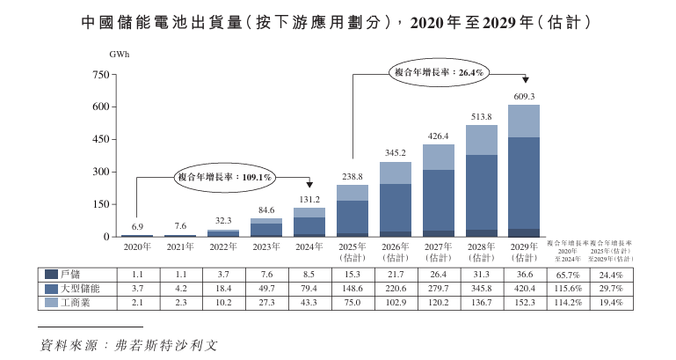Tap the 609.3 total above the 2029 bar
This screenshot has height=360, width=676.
pyautogui.click(x=524, y=96)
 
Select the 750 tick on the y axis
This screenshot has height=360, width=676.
pyautogui.click(x=99, y=75)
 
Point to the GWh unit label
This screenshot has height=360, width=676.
pyautogui.click(x=119, y=55)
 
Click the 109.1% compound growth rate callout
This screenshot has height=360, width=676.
pyautogui.click(x=226, y=177)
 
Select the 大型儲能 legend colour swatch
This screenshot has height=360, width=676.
pyautogui.click(x=50, y=289)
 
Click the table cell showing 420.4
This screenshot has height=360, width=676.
pyautogui.click(x=524, y=289)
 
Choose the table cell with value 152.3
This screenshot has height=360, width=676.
pyautogui.click(x=524, y=303)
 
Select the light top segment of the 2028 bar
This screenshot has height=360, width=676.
pyautogui.click(x=482, y=139)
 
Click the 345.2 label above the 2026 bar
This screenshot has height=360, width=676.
pyautogui.click(x=394, y=153)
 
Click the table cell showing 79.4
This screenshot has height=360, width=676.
pyautogui.click(x=309, y=289)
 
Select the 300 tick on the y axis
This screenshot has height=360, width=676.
pyautogui.click(x=99, y=172)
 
